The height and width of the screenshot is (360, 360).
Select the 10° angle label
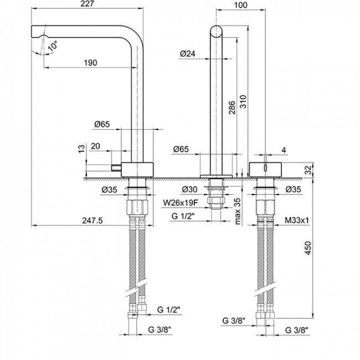(x=52, y=47)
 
